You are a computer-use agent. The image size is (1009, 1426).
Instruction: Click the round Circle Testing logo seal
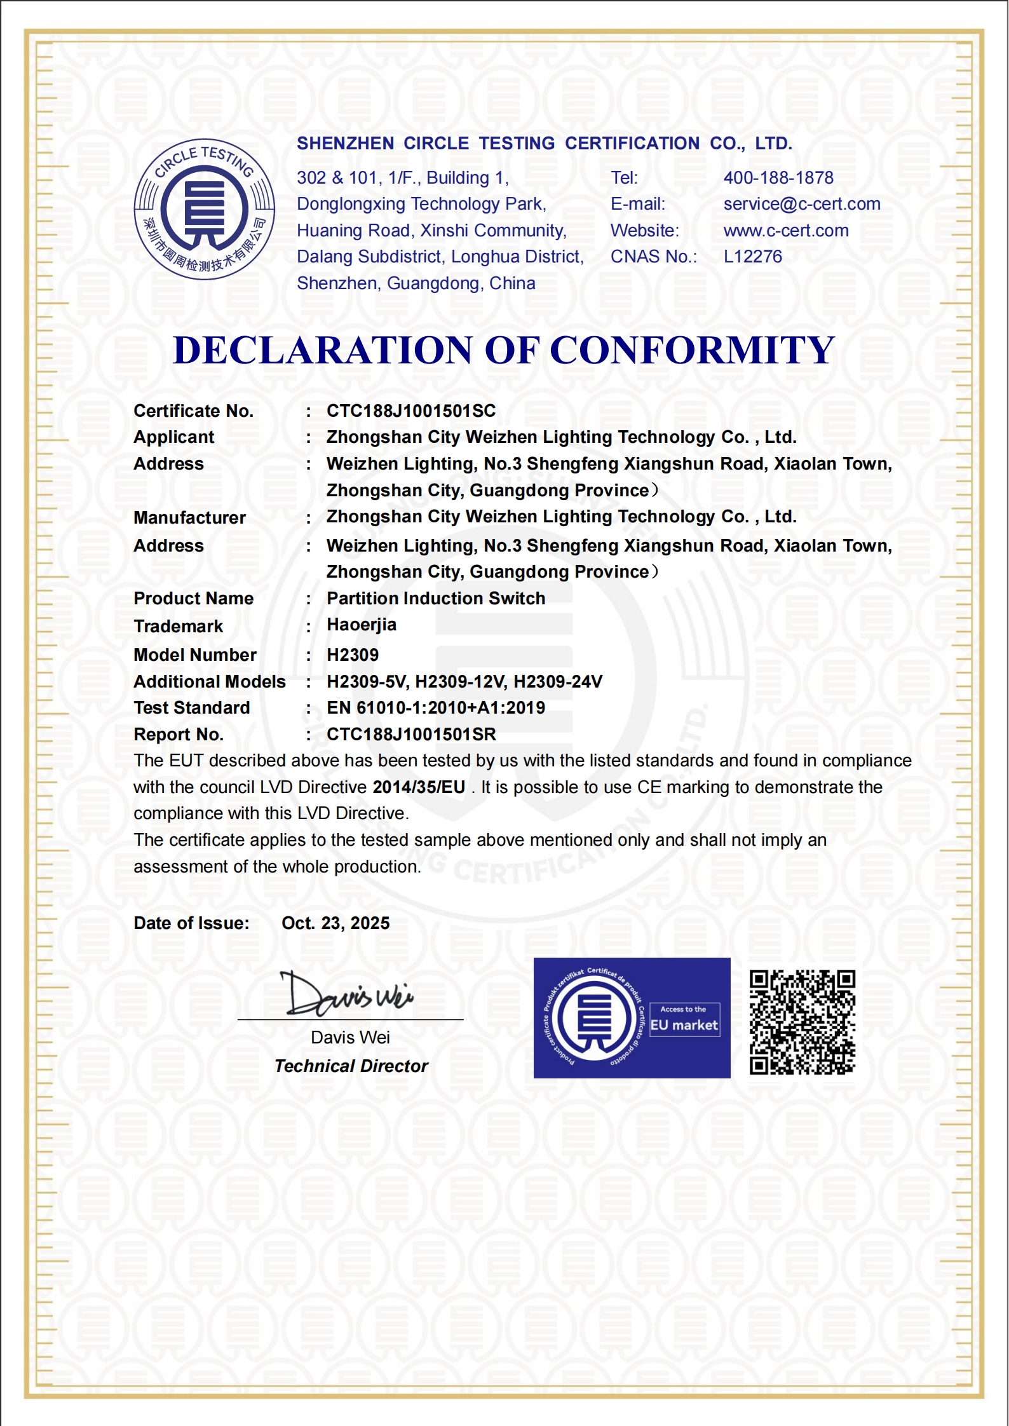point(204,209)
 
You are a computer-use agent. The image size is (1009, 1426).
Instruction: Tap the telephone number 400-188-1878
point(778,178)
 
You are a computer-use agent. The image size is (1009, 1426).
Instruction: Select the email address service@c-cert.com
point(801,204)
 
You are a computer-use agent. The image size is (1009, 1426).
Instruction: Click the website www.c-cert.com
point(785,231)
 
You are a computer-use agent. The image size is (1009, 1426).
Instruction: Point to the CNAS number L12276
point(752,257)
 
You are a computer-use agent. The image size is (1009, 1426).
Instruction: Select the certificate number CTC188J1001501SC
point(410,411)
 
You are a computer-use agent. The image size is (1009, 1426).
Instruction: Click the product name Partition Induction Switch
point(435,599)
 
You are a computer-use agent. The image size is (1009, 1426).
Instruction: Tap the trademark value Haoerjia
point(361,625)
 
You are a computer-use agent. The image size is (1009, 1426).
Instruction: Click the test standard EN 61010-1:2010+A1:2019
point(435,708)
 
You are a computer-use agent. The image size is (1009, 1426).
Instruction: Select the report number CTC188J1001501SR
point(410,735)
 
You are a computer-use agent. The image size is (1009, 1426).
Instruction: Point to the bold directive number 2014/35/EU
point(418,787)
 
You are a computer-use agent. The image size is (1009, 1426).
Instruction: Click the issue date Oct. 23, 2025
point(335,923)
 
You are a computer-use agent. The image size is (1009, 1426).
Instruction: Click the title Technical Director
point(351,1066)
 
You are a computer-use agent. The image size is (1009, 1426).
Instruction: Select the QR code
point(802,1022)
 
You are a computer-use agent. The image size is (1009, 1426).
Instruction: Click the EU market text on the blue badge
point(684,1025)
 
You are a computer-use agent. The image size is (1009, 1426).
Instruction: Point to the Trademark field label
point(178,627)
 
